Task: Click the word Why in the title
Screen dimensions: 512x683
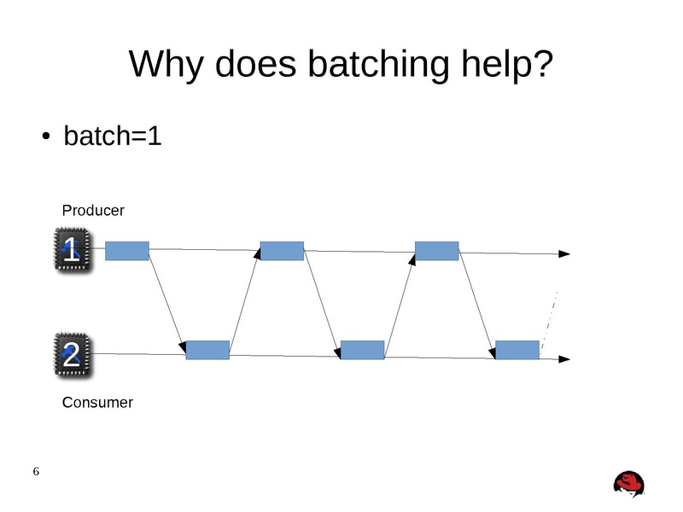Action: click(x=166, y=67)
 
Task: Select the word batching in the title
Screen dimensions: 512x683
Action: click(x=363, y=67)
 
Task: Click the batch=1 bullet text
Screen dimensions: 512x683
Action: click(x=112, y=137)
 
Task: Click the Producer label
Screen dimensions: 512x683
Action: click(x=93, y=210)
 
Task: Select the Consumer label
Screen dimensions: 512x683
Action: click(x=97, y=402)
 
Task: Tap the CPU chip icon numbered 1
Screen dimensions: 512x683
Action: click(x=73, y=250)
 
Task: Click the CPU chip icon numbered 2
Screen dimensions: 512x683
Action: click(x=73, y=354)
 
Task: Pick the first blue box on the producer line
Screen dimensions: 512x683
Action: click(x=127, y=250)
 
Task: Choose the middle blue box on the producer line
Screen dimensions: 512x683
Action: click(x=282, y=250)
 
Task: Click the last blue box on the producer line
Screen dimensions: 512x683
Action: click(x=436, y=250)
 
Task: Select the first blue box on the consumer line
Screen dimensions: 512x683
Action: click(x=207, y=350)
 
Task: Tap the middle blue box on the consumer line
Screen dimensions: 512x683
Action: click(x=362, y=350)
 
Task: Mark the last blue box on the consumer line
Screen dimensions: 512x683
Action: click(x=517, y=350)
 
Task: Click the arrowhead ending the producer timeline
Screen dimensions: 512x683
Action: click(x=564, y=253)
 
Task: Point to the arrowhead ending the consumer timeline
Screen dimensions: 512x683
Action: click(x=564, y=359)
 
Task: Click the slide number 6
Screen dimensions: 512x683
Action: click(x=36, y=472)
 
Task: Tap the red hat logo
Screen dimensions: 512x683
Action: click(x=629, y=483)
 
